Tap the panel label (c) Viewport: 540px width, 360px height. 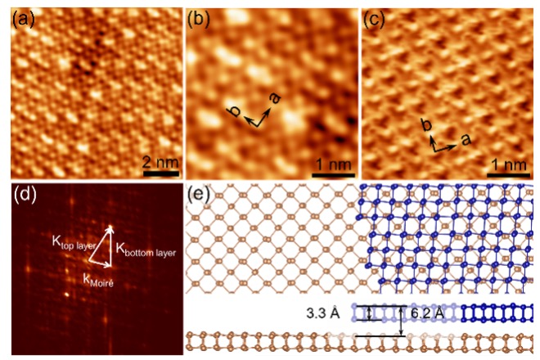coord(373,17)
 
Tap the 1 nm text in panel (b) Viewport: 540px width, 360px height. coord(329,160)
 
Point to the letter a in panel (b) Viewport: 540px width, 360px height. coord(275,99)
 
